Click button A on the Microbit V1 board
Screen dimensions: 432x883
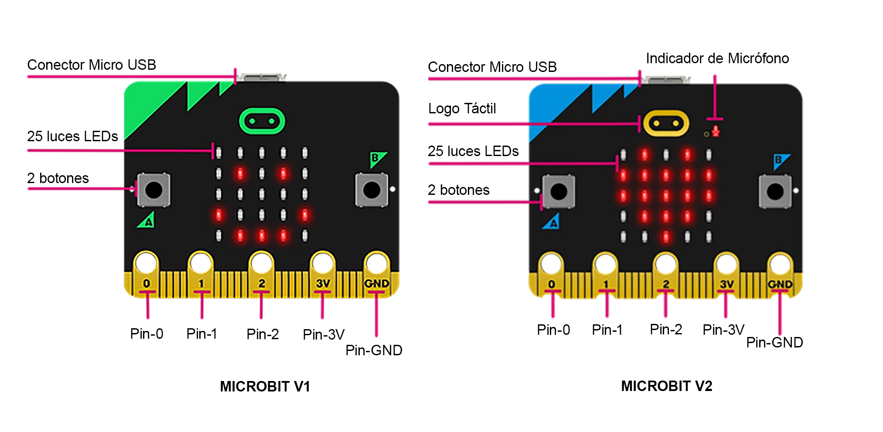coord(153,190)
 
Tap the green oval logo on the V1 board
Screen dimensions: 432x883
coord(262,121)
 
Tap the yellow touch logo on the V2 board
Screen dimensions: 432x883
coord(666,123)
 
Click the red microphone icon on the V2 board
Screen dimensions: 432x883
coord(715,131)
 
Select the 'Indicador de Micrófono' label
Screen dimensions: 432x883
coord(717,58)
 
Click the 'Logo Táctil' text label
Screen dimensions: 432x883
coord(462,109)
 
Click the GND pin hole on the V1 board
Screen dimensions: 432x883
coord(376,263)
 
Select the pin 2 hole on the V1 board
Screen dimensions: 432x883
coord(261,263)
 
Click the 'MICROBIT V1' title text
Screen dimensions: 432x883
coord(265,386)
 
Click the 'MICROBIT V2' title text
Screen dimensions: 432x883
coord(666,386)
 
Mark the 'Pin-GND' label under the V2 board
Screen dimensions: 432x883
coord(774,343)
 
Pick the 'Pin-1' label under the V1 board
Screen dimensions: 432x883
coord(201,334)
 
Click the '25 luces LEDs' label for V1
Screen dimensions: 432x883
coord(72,136)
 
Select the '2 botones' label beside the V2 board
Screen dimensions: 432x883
coord(458,190)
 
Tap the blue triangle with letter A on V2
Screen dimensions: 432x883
coord(552,222)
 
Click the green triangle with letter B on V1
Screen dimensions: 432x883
coord(376,159)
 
